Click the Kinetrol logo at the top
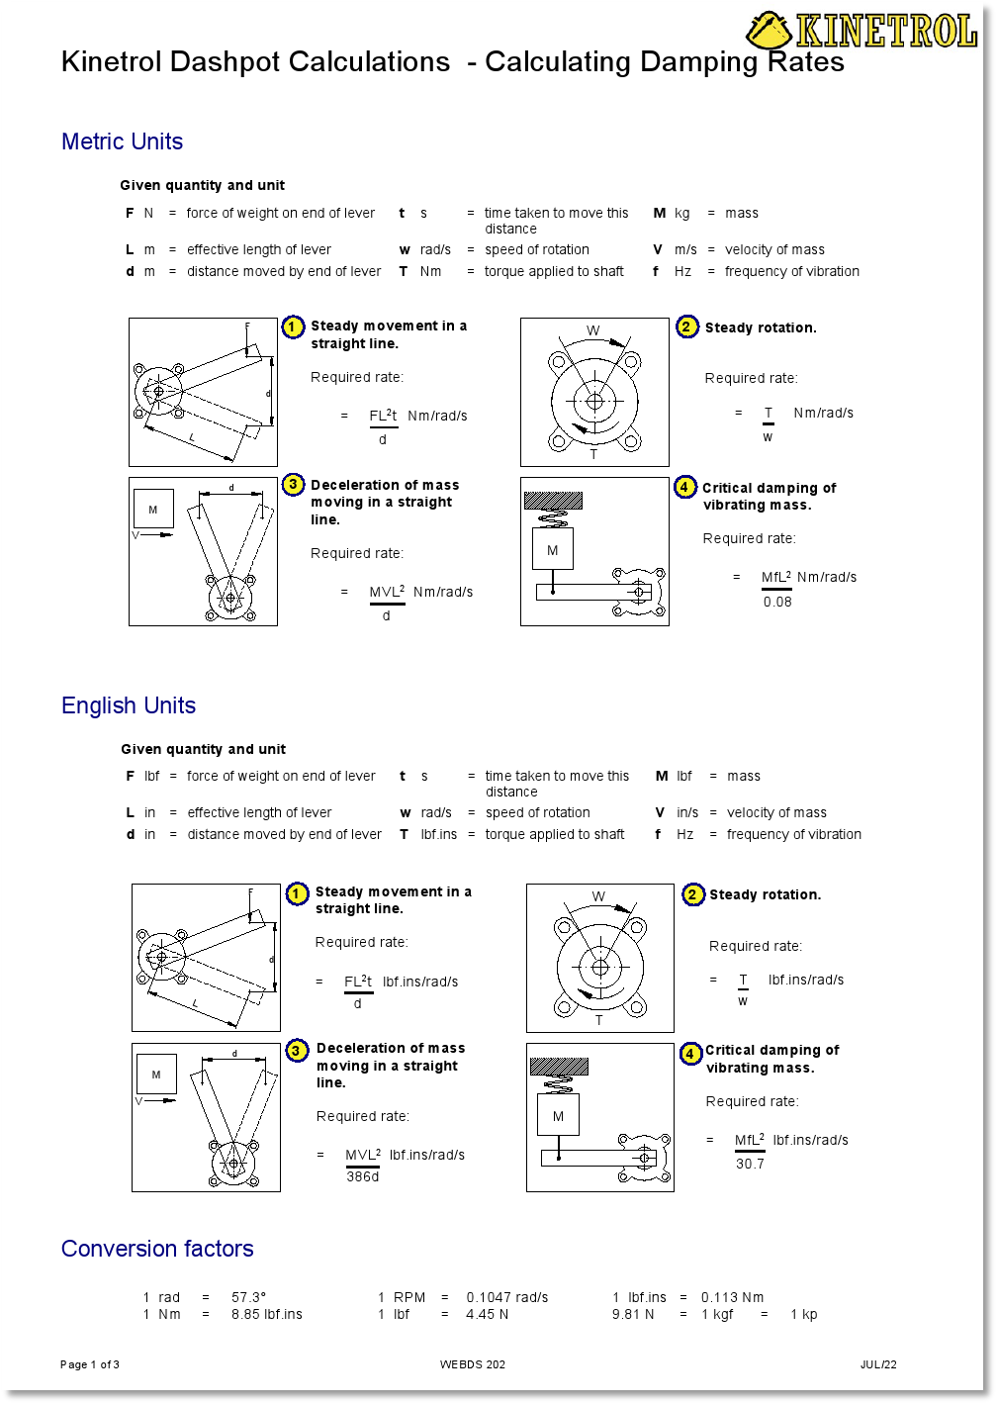click(x=861, y=30)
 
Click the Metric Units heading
click(x=122, y=141)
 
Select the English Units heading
click(x=129, y=705)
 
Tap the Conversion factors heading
click(x=157, y=1249)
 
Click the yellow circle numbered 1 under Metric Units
click(x=294, y=328)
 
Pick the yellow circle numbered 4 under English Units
click(x=690, y=1054)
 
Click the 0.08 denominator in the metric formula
click(x=777, y=602)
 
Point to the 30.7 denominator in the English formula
click(x=750, y=1164)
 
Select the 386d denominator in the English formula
click(x=362, y=1176)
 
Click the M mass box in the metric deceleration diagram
click(x=153, y=510)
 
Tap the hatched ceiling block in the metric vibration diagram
click(x=553, y=501)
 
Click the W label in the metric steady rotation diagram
click(x=593, y=330)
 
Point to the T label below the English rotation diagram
click(x=598, y=1020)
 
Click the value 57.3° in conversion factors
click(x=249, y=1297)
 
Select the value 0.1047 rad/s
click(x=506, y=1297)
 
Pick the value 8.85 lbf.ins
click(x=267, y=1314)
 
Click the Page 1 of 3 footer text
click(x=90, y=1364)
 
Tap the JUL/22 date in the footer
click(x=878, y=1364)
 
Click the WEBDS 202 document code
click(x=473, y=1364)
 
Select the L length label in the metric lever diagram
click(x=192, y=436)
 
